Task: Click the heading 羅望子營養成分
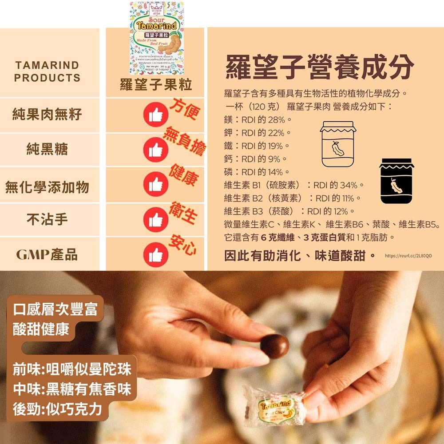click(320, 67)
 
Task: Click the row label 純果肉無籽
click(47, 115)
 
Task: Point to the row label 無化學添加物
click(47, 187)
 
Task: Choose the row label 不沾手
click(47, 219)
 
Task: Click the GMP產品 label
click(47, 254)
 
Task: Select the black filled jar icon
click(396, 181)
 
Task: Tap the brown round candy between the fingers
click(274, 346)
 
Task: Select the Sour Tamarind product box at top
click(156, 38)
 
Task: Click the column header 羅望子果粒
click(156, 85)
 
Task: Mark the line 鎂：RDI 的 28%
click(258, 120)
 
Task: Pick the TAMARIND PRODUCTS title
click(47, 71)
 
